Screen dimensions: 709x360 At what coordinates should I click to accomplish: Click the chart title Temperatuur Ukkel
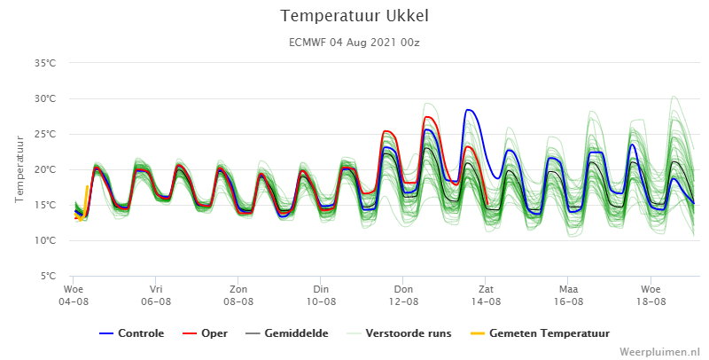(x=354, y=16)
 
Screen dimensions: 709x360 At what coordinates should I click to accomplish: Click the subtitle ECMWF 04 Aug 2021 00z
(x=354, y=43)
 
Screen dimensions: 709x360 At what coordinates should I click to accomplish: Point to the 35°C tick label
(x=45, y=63)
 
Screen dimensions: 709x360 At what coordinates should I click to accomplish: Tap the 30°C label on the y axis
(x=45, y=98)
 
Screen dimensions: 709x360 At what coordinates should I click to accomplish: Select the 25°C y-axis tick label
(x=45, y=134)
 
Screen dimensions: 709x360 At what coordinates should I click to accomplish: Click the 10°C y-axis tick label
(x=45, y=240)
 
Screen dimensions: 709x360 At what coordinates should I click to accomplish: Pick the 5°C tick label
(x=48, y=276)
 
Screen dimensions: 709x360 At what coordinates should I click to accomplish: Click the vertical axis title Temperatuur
(x=19, y=169)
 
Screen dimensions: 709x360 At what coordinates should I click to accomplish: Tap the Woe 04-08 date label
(x=74, y=295)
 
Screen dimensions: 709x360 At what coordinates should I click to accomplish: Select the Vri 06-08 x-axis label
(x=156, y=295)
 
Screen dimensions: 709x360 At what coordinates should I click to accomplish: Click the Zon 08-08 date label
(x=238, y=295)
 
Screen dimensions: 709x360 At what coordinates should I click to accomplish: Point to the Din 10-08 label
(x=321, y=295)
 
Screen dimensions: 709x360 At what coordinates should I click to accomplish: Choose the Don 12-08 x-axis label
(x=403, y=295)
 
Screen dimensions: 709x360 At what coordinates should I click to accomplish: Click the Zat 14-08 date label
(x=486, y=295)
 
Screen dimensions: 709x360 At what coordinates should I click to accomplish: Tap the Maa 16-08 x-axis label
(x=568, y=295)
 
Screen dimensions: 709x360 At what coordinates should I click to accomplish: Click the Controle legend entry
(x=131, y=333)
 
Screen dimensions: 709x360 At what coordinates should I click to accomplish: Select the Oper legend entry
(x=206, y=333)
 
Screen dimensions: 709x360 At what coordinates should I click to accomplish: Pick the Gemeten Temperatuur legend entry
(x=540, y=333)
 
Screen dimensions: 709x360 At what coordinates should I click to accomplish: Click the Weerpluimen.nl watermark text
(x=659, y=352)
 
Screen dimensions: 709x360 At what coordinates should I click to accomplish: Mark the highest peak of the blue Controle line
(x=468, y=109)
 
